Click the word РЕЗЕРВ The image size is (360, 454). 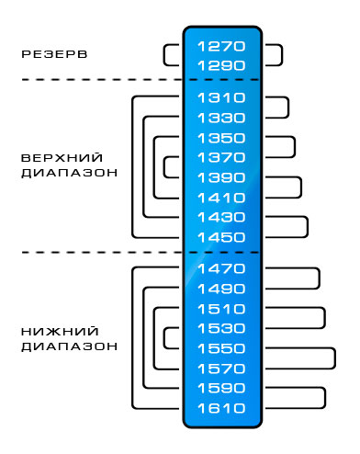54,54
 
